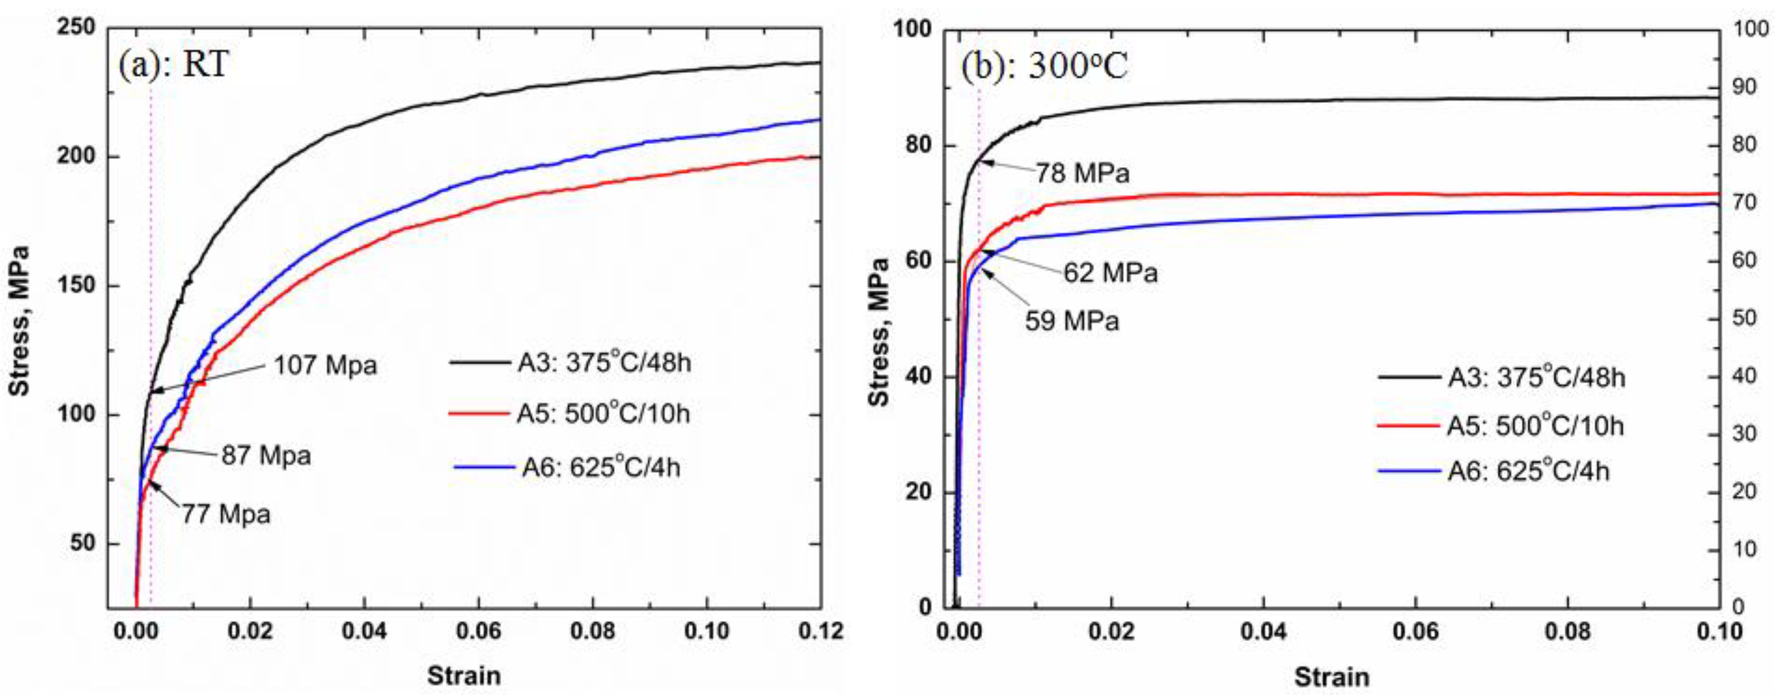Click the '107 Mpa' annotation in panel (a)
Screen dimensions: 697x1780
(x=325, y=365)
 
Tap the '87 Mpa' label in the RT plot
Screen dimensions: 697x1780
(x=266, y=456)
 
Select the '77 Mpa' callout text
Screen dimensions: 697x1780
(x=226, y=515)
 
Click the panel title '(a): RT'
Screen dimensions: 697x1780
(x=173, y=66)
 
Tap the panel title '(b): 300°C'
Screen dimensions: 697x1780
(x=1044, y=67)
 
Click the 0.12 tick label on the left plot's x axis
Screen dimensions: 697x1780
(x=820, y=631)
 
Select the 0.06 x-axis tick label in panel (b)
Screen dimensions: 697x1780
(x=1416, y=631)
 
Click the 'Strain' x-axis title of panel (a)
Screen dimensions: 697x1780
(x=464, y=675)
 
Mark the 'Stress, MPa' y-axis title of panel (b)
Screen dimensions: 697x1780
(x=878, y=332)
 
